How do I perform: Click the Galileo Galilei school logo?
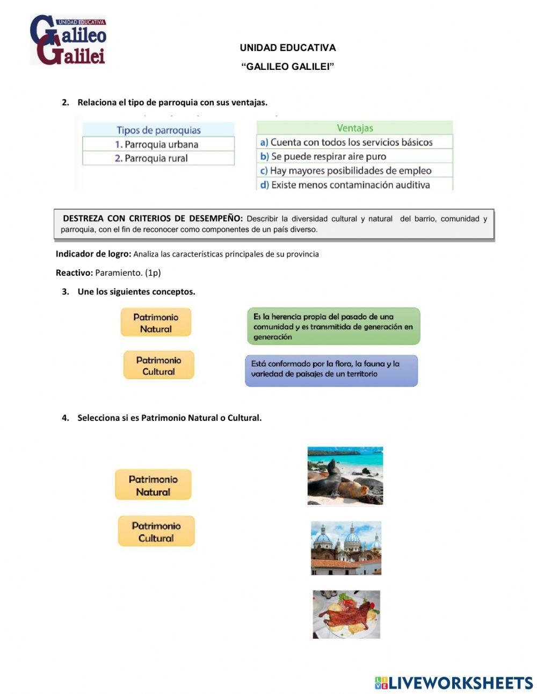coord(68,40)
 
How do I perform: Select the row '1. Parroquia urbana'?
coord(158,144)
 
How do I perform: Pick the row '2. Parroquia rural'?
coord(158,158)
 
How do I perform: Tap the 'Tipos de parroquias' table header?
coord(158,130)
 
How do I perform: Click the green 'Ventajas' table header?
coord(354,128)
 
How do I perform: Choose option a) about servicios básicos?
coord(354,142)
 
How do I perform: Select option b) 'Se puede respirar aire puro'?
coord(354,156)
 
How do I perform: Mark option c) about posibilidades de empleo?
coord(354,170)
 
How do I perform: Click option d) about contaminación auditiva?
coord(354,184)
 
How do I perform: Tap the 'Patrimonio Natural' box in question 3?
coord(156,323)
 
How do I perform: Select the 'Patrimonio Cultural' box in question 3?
coord(158,366)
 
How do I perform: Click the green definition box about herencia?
coord(333,326)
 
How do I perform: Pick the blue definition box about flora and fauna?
coord(331,370)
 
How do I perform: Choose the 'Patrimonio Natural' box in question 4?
coord(153,485)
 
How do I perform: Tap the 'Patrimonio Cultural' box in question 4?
coord(156,532)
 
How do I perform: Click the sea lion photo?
coord(345,476)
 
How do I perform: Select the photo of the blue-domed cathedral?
coord(346,548)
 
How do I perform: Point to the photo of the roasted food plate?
coord(346,614)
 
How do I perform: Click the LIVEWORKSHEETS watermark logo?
coord(454,683)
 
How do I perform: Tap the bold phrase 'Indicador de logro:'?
coord(93,254)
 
